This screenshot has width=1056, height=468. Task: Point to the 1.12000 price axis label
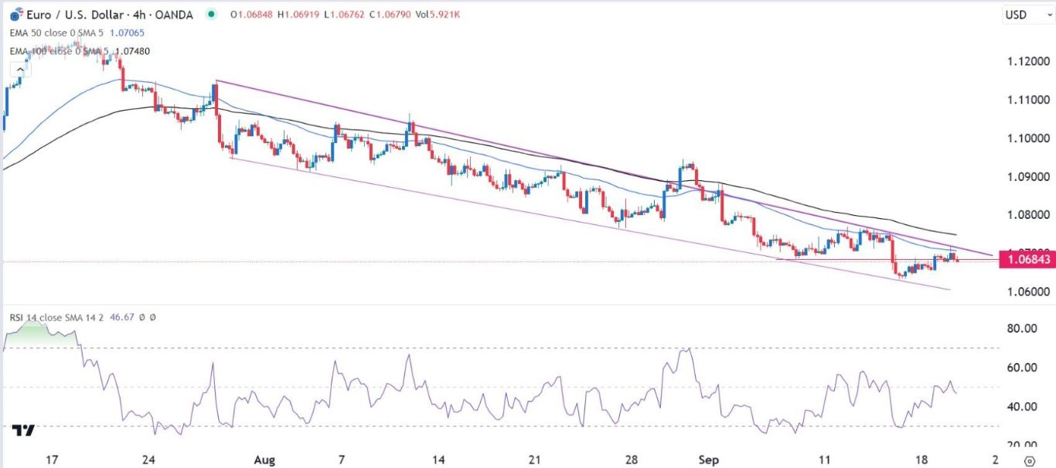1024,62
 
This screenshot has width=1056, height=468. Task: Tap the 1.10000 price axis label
1024,138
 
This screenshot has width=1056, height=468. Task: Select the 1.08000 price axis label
1024,215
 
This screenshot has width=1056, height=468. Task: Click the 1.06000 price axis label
1024,292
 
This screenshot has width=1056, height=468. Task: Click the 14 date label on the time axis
438,459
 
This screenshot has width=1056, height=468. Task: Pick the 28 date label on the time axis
632,459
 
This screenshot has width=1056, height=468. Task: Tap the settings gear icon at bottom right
1028,460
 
